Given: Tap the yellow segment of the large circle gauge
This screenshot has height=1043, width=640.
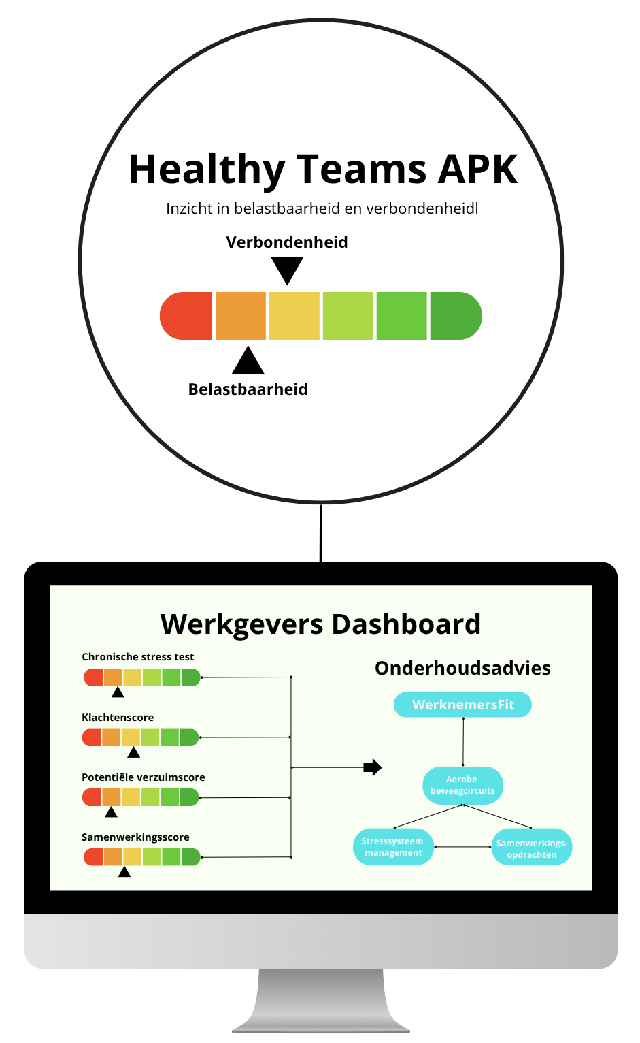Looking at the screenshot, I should point(294,316).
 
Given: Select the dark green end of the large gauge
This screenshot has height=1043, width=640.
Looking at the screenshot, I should point(455,316).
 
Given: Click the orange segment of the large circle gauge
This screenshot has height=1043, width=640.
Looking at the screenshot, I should point(240,316).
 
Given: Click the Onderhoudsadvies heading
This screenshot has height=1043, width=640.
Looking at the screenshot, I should point(462,668).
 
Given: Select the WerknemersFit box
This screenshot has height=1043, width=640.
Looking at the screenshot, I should point(462,705).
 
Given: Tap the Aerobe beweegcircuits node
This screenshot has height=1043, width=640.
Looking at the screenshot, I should point(462,785).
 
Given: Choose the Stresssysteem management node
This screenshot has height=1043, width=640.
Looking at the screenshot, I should point(393,847).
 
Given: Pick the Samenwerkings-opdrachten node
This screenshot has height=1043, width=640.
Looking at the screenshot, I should point(532,848).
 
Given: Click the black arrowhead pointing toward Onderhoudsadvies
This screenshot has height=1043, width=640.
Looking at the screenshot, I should point(373,767).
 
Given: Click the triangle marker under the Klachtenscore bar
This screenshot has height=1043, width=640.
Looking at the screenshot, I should point(134,752).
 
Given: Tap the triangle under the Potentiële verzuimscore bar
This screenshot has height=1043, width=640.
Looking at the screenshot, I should point(112,812).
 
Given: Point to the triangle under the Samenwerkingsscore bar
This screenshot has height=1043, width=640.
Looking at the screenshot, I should point(124,871).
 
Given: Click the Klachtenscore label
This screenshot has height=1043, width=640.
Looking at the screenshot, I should point(118,718).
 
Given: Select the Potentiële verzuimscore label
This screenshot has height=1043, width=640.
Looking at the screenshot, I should point(143,777).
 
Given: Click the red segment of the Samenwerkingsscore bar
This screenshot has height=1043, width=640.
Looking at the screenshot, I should point(94,857).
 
